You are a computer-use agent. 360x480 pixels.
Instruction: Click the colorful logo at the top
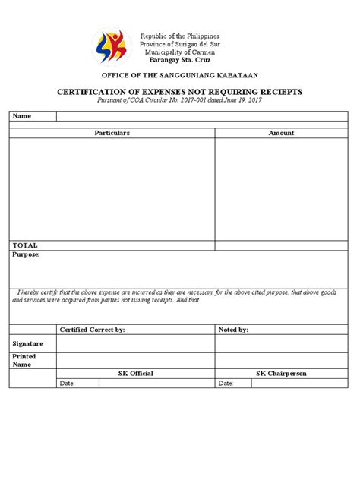(112, 48)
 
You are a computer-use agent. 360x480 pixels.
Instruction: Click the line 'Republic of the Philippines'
(179, 36)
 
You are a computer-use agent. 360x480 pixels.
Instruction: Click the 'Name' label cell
(22, 116)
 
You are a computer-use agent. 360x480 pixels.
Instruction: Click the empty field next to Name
(202, 116)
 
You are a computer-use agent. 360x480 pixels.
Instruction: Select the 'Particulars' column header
(112, 133)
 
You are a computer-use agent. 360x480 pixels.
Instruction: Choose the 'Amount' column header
(281, 133)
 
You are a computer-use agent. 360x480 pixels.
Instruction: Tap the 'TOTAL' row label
(25, 245)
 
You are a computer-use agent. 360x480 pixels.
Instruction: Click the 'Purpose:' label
(27, 255)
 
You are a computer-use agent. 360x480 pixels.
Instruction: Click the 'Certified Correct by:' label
(92, 330)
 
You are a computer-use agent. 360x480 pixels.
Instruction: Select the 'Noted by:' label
(233, 330)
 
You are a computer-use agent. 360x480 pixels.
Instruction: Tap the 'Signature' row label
(28, 343)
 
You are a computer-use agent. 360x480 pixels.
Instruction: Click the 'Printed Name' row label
(24, 360)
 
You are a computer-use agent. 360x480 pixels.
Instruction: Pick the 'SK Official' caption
(136, 374)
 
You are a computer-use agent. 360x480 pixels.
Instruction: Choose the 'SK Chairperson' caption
(281, 374)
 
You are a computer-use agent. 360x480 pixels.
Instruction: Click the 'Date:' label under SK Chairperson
(226, 384)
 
